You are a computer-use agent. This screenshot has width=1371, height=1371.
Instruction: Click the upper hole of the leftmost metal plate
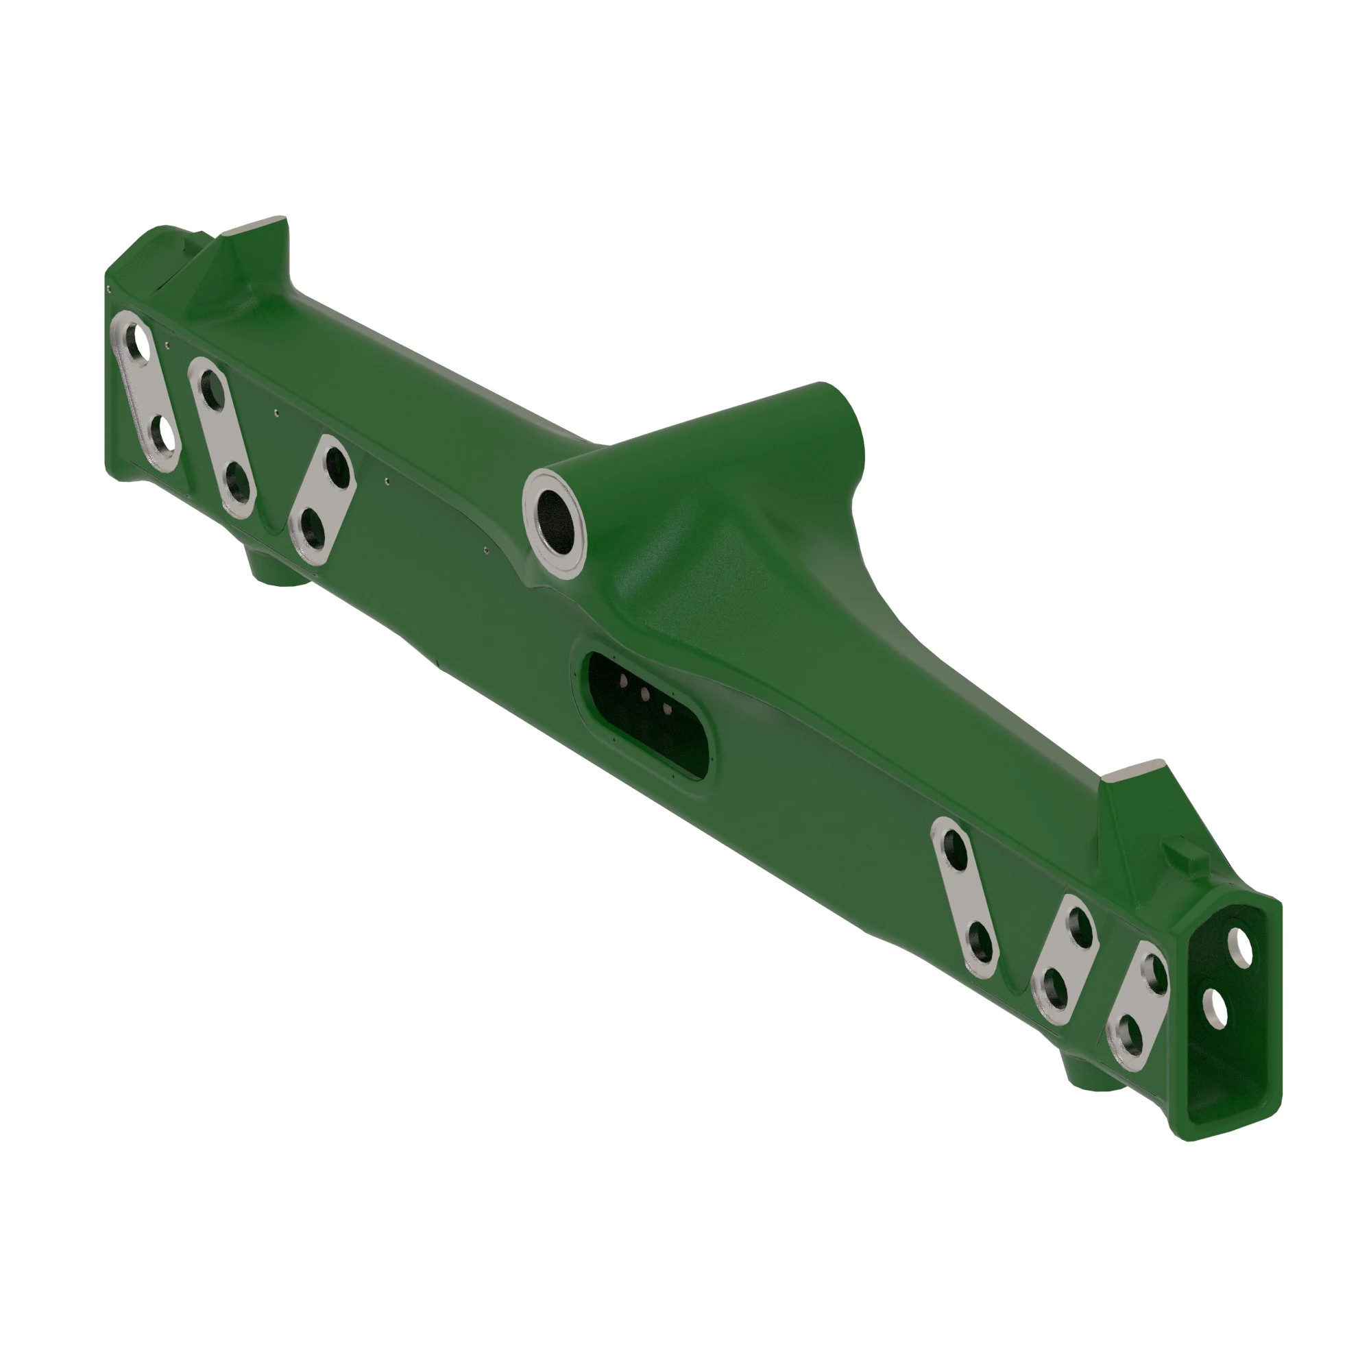pyautogui.click(x=140, y=343)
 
